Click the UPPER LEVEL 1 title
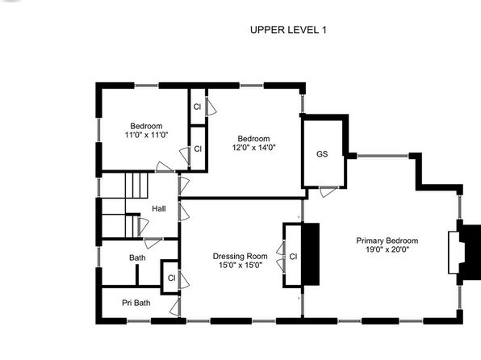coord(288,30)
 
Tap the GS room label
coord(322,153)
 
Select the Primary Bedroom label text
coord(387,241)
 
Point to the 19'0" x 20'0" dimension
coord(387,249)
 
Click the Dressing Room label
coord(240,256)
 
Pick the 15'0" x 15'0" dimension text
coord(240,265)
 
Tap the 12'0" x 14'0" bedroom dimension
coord(253,148)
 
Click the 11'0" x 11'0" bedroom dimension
coord(146,135)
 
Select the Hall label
coord(159,209)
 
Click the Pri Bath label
coord(136,303)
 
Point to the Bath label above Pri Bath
coord(137,257)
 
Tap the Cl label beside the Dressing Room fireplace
coord(293,257)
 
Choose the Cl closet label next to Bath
coord(171,278)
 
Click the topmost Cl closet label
coord(197,107)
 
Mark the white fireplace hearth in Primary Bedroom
coord(455,253)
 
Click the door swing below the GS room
coord(328,192)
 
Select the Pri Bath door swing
coord(175,308)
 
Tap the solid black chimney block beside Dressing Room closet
coord(311,254)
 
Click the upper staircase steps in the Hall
coord(136,186)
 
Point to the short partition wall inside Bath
coord(137,274)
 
